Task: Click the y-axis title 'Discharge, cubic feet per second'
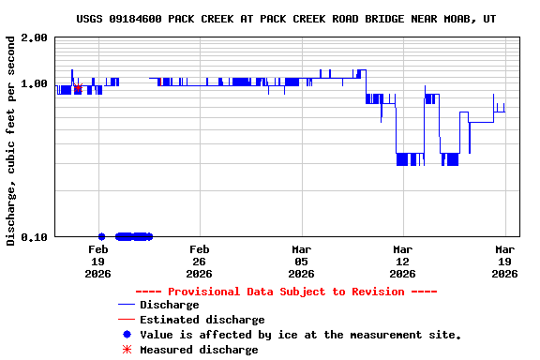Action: click(x=11, y=141)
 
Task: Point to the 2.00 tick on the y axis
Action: click(x=34, y=37)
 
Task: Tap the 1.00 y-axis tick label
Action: click(x=34, y=83)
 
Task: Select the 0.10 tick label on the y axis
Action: click(x=34, y=236)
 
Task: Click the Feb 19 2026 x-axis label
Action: click(x=97, y=262)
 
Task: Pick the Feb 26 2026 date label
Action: click(x=199, y=262)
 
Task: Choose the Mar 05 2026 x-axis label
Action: click(x=301, y=262)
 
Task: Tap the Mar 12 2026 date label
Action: click(x=402, y=262)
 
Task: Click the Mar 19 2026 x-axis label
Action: click(x=504, y=262)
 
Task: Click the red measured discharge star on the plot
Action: click(x=79, y=89)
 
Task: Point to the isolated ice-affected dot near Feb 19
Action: click(x=101, y=236)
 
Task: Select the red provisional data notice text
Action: click(x=286, y=292)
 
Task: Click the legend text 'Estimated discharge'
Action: click(x=202, y=320)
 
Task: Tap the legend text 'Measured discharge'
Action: click(x=199, y=350)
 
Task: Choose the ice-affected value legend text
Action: click(x=300, y=335)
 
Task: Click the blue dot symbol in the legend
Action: click(x=127, y=335)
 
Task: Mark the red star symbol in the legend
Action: click(x=127, y=350)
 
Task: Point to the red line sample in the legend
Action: click(x=127, y=320)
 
